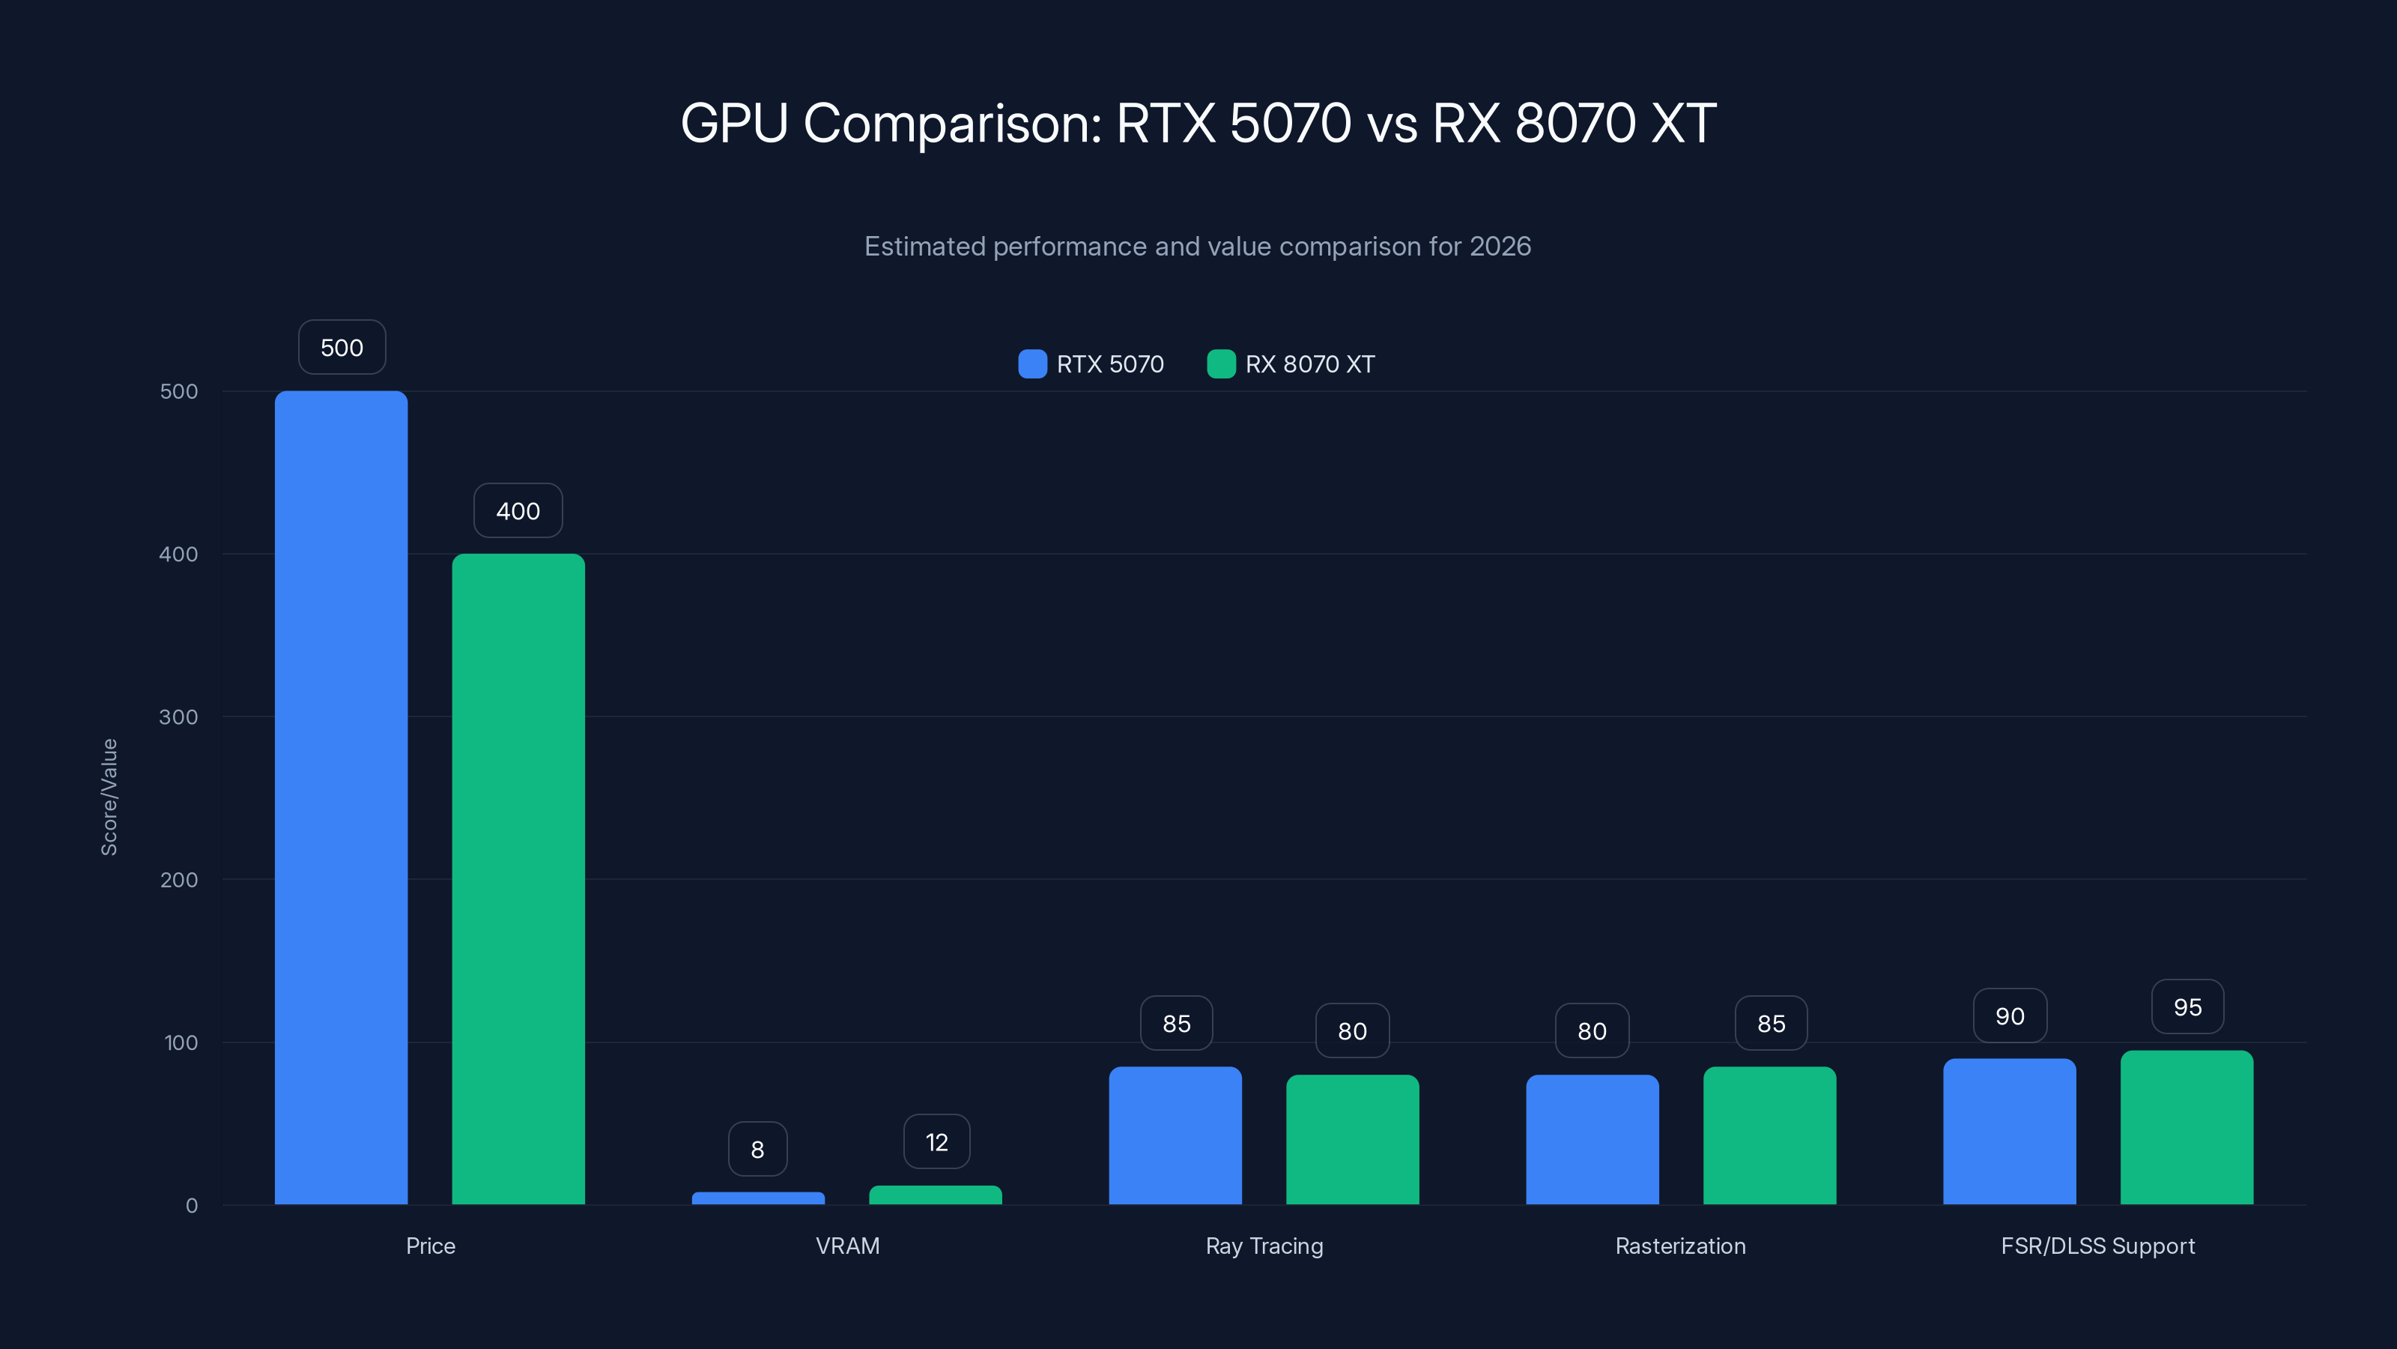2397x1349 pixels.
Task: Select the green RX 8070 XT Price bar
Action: tap(518, 879)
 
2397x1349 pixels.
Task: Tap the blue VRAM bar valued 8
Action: tap(757, 1198)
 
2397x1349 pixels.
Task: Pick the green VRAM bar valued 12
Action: tap(935, 1195)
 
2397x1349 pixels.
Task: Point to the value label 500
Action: tap(342, 347)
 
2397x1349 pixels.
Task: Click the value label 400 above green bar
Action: tap(518, 510)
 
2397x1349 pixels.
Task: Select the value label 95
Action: tap(2187, 1007)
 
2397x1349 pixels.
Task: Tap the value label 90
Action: tap(2010, 1015)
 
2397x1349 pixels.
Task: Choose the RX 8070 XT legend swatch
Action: tap(1221, 364)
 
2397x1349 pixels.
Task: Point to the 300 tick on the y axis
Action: tap(179, 717)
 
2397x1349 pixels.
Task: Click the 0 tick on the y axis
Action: tap(191, 1206)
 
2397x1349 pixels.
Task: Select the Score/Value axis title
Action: tap(109, 797)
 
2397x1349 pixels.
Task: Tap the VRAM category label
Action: tap(846, 1246)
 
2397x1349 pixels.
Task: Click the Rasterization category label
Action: tap(1680, 1246)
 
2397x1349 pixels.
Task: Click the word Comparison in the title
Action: tap(952, 123)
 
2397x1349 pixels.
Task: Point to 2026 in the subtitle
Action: tap(1500, 246)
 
